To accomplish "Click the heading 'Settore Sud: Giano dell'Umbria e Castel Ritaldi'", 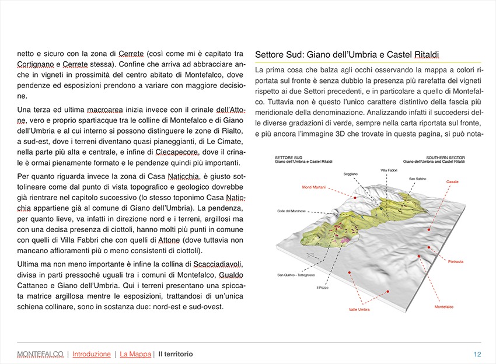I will [347, 55].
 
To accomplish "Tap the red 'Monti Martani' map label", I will [314, 187].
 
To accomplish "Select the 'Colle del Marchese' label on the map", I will [291, 211].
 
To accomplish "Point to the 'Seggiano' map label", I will [351, 174].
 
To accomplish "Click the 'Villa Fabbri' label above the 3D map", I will [389, 170].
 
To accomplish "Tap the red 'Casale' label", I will [452, 182].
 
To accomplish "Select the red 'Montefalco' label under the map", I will [444, 306].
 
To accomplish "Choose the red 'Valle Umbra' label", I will [359, 309].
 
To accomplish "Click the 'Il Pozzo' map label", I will [322, 288].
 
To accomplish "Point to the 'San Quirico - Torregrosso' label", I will [296, 275].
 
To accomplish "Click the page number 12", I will [477, 354].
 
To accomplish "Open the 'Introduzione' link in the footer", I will [92, 354].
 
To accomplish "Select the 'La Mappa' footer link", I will [135, 354].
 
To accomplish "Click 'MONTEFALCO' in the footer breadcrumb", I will [40, 354].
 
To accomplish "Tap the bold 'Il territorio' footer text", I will [176, 354].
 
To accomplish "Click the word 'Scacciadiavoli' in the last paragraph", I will [214, 264].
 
